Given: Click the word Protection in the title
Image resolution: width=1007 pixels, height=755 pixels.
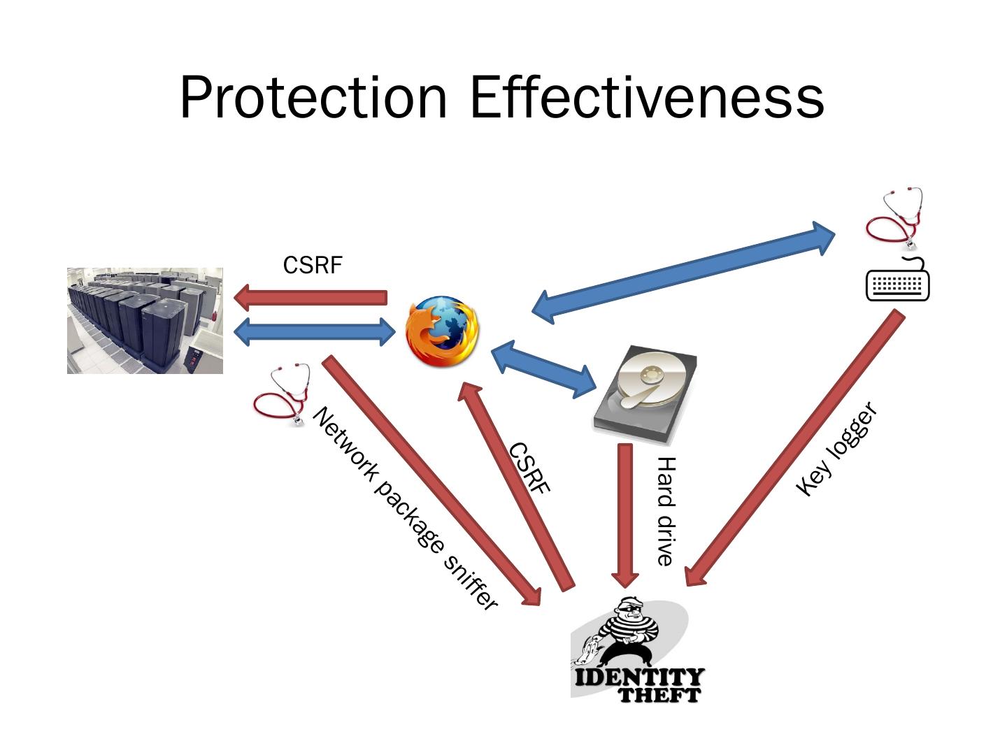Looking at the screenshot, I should pyautogui.click(x=313, y=97).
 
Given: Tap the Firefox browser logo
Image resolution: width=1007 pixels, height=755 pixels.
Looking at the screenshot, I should pyautogui.click(x=443, y=331).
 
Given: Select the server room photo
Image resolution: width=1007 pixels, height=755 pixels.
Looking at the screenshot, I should pyautogui.click(x=145, y=320).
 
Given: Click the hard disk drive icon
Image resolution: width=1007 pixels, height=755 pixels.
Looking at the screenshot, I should pyautogui.click(x=645, y=395).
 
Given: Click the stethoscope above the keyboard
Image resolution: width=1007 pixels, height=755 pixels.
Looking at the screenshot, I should pyautogui.click(x=895, y=217).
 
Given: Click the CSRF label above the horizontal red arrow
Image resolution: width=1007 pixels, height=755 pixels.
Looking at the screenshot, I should pyautogui.click(x=313, y=266).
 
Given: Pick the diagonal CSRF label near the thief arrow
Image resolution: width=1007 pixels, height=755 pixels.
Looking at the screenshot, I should pyautogui.click(x=529, y=468).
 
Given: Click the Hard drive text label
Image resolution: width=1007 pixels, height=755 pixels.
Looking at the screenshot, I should pyautogui.click(x=666, y=511).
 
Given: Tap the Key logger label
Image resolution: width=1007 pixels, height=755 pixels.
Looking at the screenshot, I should pyautogui.click(x=837, y=449).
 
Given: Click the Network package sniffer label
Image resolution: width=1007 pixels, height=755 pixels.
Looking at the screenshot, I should pyautogui.click(x=406, y=508).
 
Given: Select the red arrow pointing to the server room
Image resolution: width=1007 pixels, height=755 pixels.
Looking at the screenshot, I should pyautogui.click(x=310, y=298).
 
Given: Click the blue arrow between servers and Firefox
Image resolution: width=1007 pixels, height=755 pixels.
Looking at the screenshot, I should pyautogui.click(x=314, y=331).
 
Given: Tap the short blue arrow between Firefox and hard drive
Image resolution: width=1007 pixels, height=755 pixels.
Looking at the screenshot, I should pyautogui.click(x=543, y=368).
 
